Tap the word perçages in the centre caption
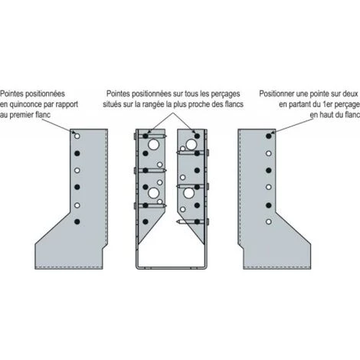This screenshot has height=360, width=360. click(x=225, y=93)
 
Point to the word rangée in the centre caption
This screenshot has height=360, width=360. click(x=154, y=104)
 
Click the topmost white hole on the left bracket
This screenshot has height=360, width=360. click(x=77, y=136)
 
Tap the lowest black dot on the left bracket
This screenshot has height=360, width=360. click(x=77, y=221)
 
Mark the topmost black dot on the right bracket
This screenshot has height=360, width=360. click(x=268, y=136)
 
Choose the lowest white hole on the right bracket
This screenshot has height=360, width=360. click(x=268, y=221)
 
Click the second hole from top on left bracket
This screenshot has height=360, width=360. click(x=77, y=153)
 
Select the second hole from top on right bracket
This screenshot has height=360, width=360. click(x=268, y=153)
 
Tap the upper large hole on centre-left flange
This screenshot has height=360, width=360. click(x=154, y=145)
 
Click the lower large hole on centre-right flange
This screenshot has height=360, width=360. click(x=188, y=193)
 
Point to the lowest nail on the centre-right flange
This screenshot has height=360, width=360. click(x=192, y=221)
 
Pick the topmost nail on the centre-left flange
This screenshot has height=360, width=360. click(x=150, y=136)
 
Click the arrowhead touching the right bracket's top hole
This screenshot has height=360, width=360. click(x=273, y=133)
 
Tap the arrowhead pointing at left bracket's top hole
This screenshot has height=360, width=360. click(x=74, y=133)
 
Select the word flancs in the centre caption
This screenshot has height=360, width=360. click(x=234, y=104)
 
